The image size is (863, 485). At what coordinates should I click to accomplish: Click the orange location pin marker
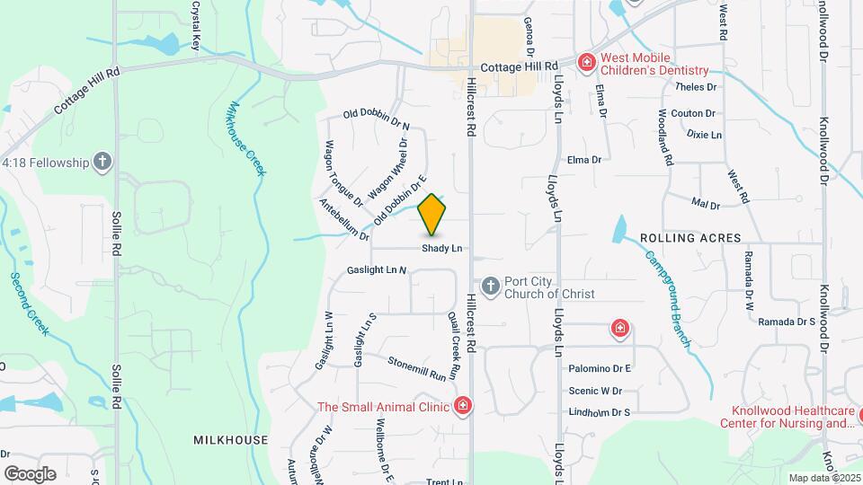point(432,214)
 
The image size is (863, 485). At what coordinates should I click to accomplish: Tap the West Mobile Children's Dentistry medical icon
point(586,62)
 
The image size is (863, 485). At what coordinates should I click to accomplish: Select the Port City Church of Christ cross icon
point(491,287)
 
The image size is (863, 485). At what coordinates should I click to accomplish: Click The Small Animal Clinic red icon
point(463,406)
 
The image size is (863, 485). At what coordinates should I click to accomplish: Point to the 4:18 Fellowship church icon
point(103,162)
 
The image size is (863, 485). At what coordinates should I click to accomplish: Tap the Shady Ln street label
point(443,248)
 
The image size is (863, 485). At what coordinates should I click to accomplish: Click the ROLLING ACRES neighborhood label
point(690,238)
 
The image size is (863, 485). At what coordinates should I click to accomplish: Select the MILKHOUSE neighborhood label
point(230,439)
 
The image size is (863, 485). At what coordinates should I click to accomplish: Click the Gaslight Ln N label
point(377,269)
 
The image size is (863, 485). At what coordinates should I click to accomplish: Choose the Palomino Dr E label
point(600,368)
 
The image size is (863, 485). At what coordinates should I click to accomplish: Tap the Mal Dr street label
point(707,205)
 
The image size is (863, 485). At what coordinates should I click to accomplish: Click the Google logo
point(30,473)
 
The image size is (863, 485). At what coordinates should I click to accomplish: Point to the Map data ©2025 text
point(823,478)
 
